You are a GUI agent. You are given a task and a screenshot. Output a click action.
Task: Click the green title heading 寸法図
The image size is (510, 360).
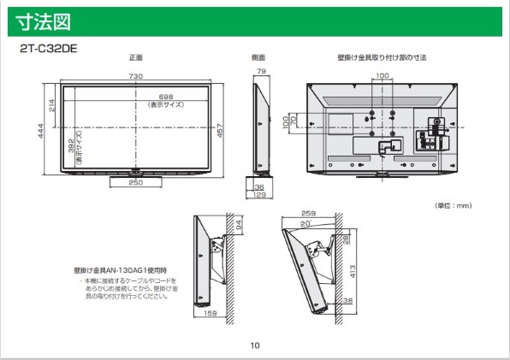(x=43, y=21)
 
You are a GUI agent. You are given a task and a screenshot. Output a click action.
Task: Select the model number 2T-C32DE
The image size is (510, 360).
(x=49, y=49)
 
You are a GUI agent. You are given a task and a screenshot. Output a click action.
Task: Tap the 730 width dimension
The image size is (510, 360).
(x=136, y=76)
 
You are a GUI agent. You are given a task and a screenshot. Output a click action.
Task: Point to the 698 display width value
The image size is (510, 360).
(x=166, y=97)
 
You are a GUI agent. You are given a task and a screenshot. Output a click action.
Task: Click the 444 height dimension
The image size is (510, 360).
(x=40, y=131)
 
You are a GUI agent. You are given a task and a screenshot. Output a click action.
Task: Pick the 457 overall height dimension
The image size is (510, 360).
(x=220, y=131)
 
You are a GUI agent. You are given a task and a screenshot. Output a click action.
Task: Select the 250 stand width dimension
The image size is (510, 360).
(x=136, y=183)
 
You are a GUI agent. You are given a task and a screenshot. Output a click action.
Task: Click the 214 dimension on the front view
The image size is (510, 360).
(x=51, y=105)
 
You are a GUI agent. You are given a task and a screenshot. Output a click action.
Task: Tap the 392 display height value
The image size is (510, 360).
(x=71, y=145)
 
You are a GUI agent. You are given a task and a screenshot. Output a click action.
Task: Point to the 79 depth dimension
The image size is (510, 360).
(x=261, y=71)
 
